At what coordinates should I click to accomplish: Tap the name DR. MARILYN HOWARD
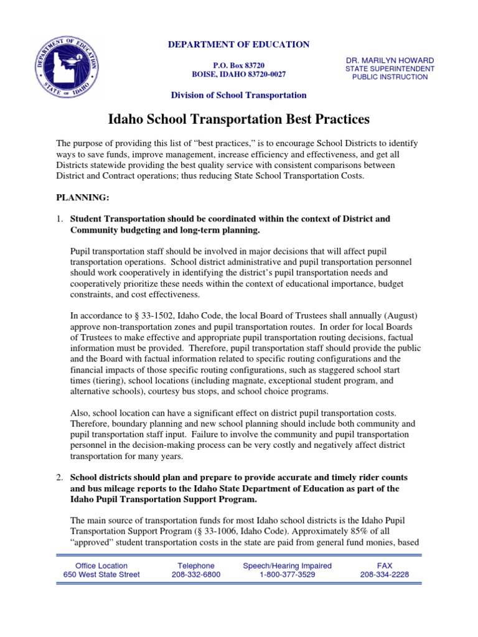pyautogui.click(x=390, y=60)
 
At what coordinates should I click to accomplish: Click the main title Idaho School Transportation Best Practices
pyautogui.click(x=240, y=118)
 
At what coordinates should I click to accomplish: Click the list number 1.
pyautogui.click(x=60, y=219)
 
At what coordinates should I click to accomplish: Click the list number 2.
pyautogui.click(x=60, y=477)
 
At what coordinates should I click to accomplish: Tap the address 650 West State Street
pyautogui.click(x=101, y=575)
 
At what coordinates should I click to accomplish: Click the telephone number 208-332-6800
pyautogui.click(x=195, y=575)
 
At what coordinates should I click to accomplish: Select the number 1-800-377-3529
pyautogui.click(x=288, y=575)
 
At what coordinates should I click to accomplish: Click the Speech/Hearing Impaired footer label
pyautogui.click(x=288, y=565)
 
